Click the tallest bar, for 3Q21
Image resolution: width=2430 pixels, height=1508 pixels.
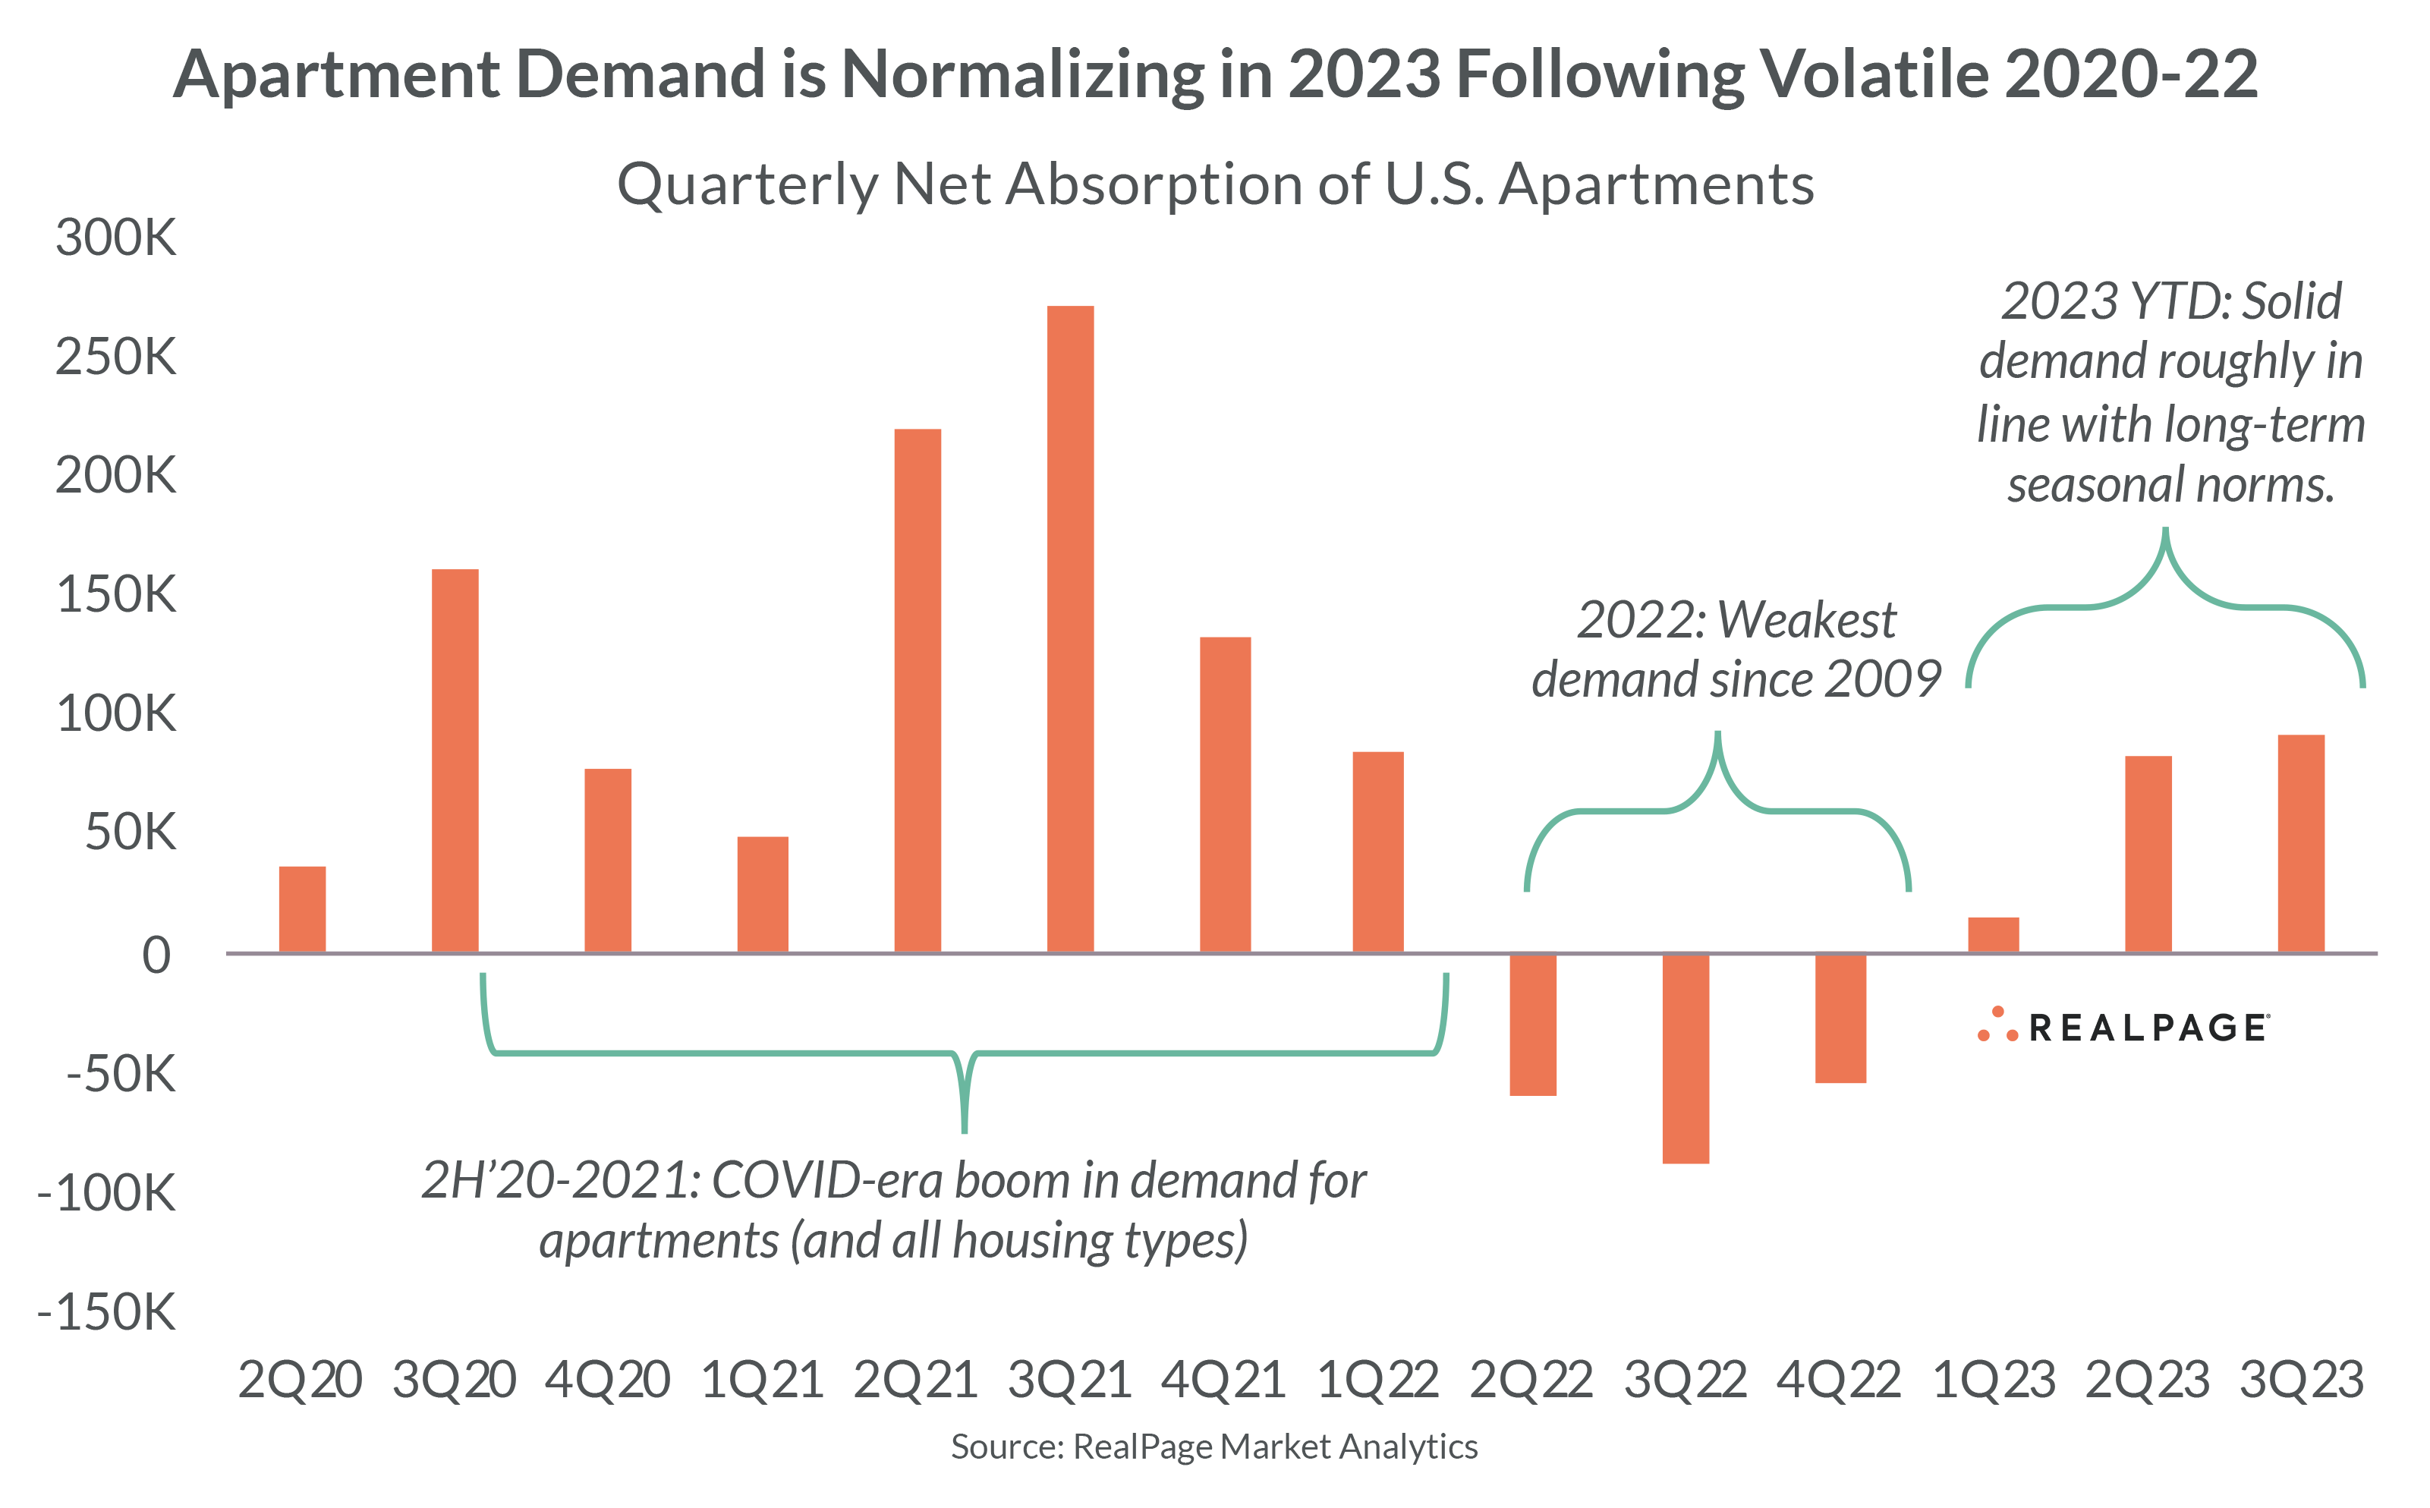click(1070, 628)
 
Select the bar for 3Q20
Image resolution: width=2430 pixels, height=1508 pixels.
click(455, 760)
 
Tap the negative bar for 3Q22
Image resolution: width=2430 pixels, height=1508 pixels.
click(1686, 1058)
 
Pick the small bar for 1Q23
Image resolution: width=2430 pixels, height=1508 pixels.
click(1994, 934)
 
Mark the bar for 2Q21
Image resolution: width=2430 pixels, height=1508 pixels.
click(918, 690)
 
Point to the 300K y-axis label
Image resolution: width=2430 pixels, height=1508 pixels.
click(115, 238)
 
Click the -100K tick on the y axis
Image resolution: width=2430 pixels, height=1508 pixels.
click(107, 1193)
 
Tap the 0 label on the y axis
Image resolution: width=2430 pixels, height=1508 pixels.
click(156, 955)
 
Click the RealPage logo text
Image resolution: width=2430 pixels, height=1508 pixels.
click(2148, 1028)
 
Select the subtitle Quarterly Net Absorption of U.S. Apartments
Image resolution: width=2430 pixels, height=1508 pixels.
click(1214, 184)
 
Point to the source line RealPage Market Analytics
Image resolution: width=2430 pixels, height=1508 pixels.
click(1214, 1447)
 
